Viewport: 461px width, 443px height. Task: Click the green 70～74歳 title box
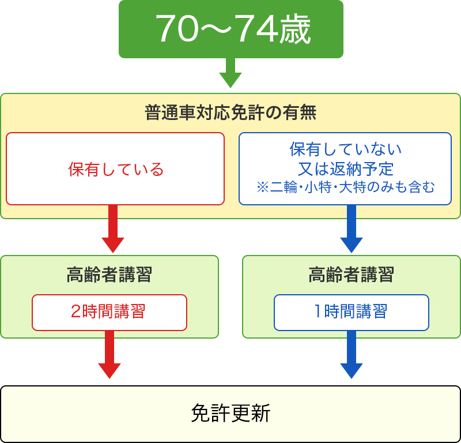[x=231, y=29]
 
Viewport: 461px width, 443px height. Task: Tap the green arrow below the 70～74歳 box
[x=231, y=74]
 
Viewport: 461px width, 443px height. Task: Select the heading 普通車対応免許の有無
[x=231, y=112]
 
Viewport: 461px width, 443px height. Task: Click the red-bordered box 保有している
[x=115, y=169]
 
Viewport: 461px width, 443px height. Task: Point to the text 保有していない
[x=345, y=149]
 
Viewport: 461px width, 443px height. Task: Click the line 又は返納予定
[x=345, y=168]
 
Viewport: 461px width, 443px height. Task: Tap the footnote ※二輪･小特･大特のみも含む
[x=345, y=187]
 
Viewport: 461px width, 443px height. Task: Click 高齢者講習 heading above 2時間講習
[x=109, y=275]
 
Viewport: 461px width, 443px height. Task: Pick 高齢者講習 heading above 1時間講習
[x=352, y=275]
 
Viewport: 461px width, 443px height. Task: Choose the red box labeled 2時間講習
[x=109, y=312]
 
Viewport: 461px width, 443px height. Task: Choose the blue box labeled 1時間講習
[x=352, y=312]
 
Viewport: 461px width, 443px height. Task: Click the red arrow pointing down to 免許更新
[x=109, y=356]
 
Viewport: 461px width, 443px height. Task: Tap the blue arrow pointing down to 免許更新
[x=351, y=356]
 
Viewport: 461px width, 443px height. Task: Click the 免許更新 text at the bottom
[x=231, y=414]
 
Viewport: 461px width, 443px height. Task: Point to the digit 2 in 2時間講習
[x=76, y=312]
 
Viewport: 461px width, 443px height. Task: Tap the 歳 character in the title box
[x=296, y=29]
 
